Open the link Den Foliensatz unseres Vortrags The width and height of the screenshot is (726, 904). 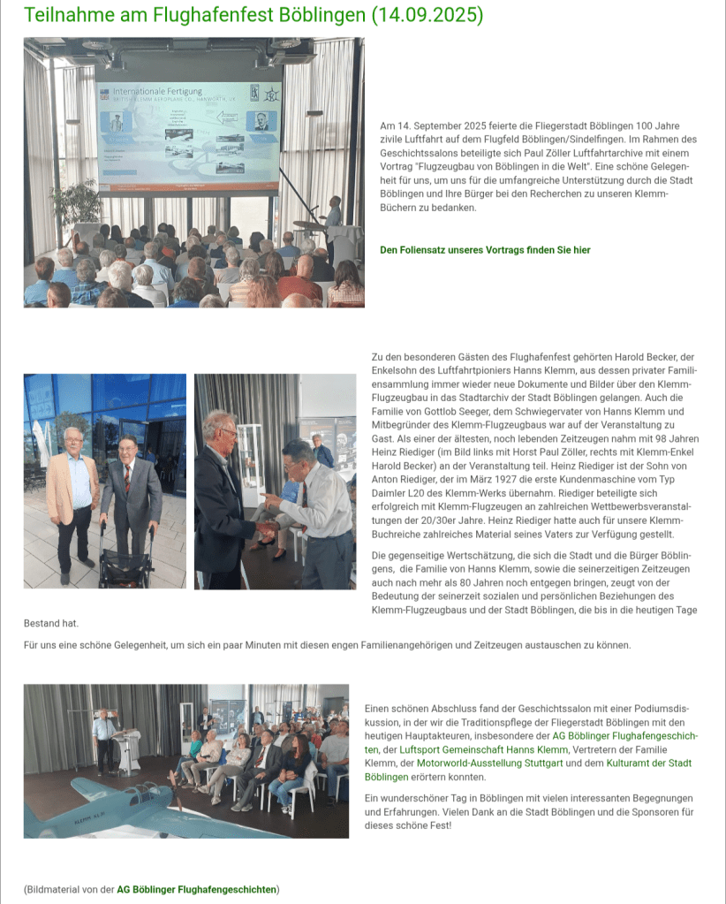pos(485,250)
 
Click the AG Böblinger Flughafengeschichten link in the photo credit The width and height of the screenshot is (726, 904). pos(197,889)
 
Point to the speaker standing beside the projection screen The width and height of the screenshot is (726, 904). pos(333,222)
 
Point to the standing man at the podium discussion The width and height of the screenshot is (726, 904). pos(104,737)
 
